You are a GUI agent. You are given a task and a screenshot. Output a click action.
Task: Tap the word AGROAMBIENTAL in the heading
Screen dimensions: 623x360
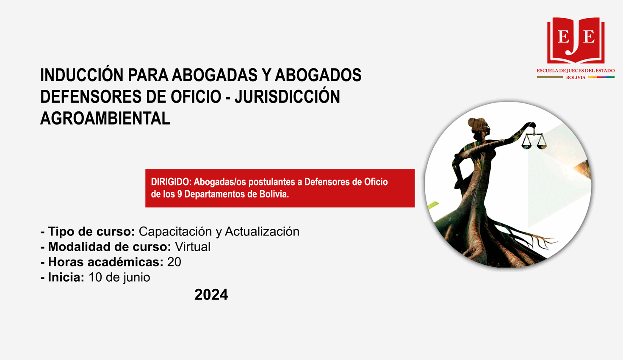click(105, 118)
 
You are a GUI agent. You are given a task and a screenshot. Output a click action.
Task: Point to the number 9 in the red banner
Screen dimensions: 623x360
click(180, 194)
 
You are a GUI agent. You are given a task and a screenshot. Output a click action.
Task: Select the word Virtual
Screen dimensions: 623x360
click(192, 246)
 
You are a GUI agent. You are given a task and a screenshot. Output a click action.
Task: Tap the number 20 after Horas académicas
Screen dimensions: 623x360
click(174, 262)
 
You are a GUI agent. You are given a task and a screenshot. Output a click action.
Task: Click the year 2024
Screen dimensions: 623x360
click(211, 294)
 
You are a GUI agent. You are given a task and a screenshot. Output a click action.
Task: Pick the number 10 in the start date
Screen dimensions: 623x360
click(95, 277)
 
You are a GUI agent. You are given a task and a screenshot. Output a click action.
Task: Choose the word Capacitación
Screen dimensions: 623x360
click(175, 232)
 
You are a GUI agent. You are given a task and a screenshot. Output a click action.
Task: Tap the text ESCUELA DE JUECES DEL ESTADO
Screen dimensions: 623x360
click(576, 71)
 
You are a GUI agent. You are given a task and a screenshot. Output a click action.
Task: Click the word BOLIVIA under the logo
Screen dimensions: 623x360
click(576, 78)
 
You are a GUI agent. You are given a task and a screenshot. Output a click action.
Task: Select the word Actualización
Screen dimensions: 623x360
click(262, 232)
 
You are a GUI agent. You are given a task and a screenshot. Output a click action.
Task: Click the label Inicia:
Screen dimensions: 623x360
click(66, 277)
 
